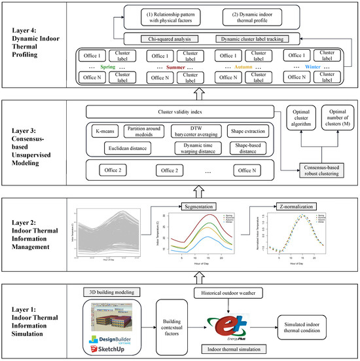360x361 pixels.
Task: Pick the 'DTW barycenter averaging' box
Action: click(200, 132)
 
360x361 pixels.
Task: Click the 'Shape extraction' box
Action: click(247, 132)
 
